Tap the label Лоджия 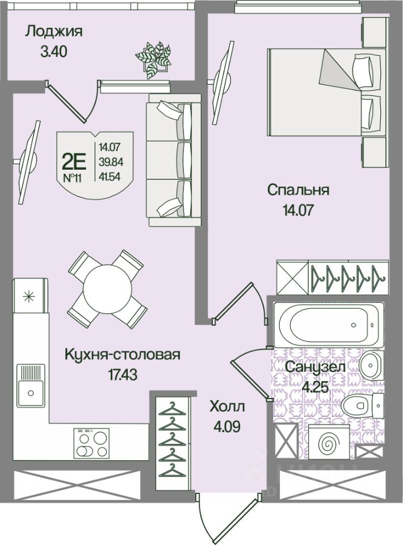[x=54, y=31]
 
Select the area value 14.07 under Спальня [x=299, y=209]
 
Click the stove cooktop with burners [x=91, y=443]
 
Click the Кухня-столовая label [x=123, y=355]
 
